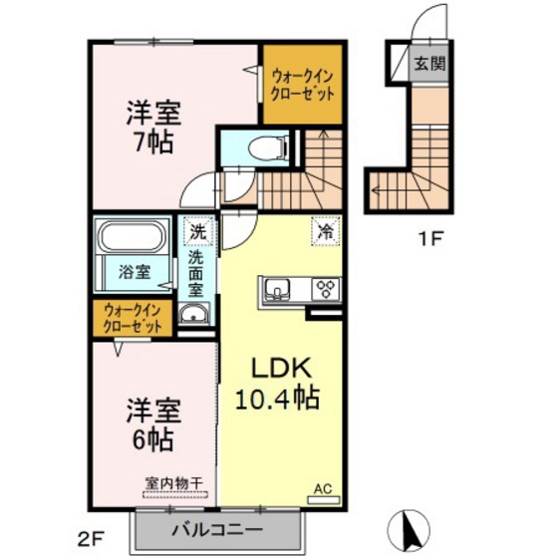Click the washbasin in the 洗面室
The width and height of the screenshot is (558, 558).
(x=194, y=318)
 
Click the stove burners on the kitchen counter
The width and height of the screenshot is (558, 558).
(x=324, y=290)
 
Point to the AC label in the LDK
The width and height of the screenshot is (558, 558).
(x=323, y=487)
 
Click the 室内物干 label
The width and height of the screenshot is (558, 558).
(x=174, y=483)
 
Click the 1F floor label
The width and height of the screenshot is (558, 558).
(x=429, y=238)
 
